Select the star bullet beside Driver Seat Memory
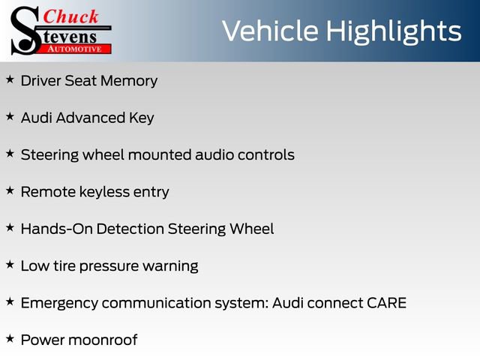(x=10, y=79)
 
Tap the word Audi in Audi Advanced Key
(x=36, y=118)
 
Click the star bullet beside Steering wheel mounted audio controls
(x=10, y=152)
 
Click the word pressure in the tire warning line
(x=108, y=265)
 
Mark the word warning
(x=172, y=265)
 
